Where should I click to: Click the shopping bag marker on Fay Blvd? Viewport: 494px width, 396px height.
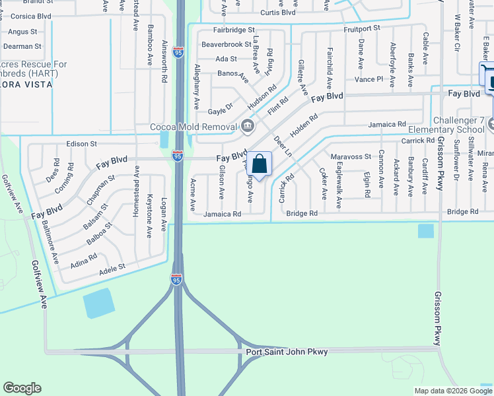tap(259, 164)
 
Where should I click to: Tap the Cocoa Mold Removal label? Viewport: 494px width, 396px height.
tap(194, 127)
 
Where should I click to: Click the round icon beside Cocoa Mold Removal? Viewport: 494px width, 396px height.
tap(247, 125)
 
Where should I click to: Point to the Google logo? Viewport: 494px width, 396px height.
tap(22, 388)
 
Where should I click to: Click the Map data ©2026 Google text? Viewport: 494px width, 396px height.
tap(452, 391)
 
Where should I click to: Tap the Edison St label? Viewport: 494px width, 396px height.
tap(81, 143)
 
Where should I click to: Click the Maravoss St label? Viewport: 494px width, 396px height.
tap(351, 156)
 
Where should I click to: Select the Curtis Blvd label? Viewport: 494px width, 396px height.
tap(277, 13)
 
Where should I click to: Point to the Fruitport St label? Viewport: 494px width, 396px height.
tap(361, 28)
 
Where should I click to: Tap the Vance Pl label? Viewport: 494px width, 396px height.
tap(369, 79)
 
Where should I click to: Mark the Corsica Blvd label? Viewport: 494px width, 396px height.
tap(26, 15)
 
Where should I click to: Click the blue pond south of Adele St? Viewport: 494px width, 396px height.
tap(98, 304)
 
